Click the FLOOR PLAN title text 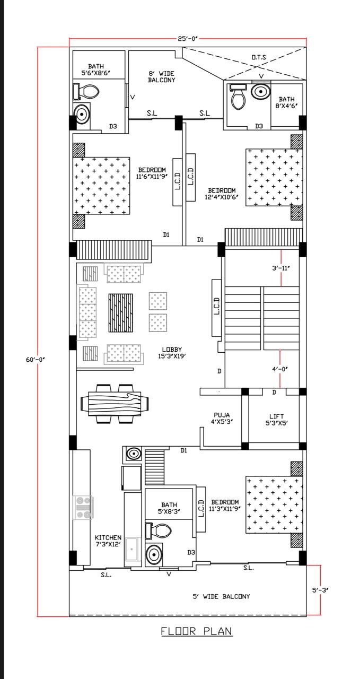point(197,631)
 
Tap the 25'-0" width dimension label point(188,39)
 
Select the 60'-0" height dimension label point(36,360)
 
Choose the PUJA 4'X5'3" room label point(222,419)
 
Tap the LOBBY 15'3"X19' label point(172,353)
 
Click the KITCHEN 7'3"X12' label point(108,541)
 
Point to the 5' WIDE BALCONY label point(221,596)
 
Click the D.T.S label point(259,57)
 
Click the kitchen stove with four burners point(84,507)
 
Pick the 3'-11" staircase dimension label point(281,268)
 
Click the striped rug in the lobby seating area point(121,312)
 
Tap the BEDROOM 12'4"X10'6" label point(222,194)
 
